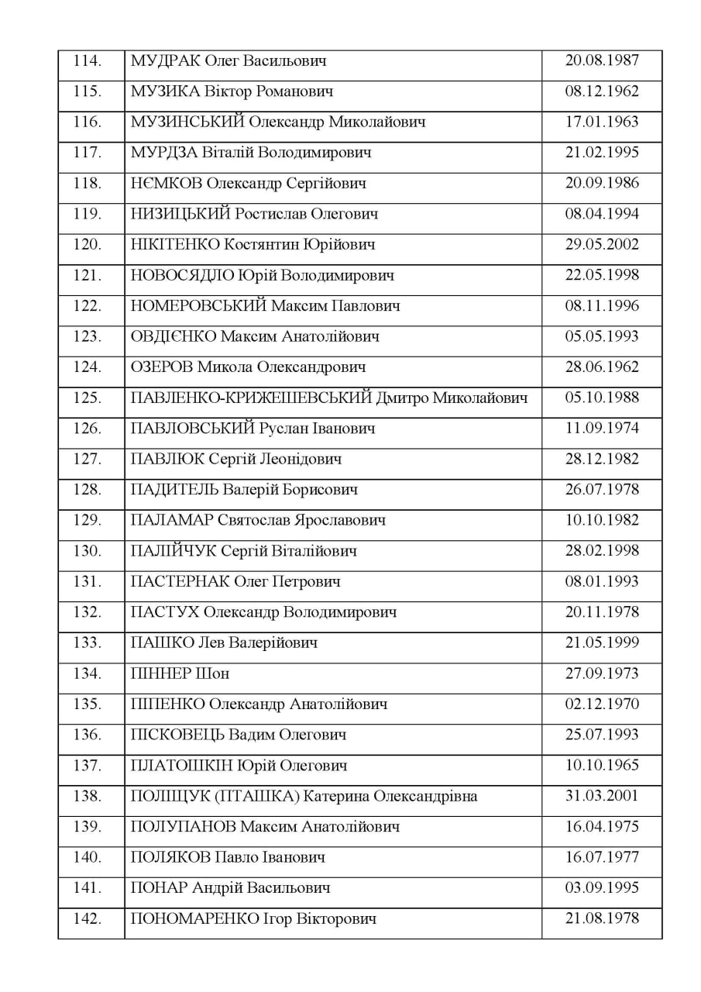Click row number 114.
(87, 60)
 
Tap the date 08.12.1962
(602, 91)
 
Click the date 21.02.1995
(602, 152)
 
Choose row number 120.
(87, 244)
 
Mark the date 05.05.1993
(602, 336)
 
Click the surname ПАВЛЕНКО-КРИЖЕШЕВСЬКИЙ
(251, 398)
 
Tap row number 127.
(87, 459)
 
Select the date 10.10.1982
(602, 520)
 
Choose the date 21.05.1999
(602, 642)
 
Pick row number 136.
(87, 735)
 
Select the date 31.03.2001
(602, 796)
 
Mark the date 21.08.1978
(602, 918)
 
